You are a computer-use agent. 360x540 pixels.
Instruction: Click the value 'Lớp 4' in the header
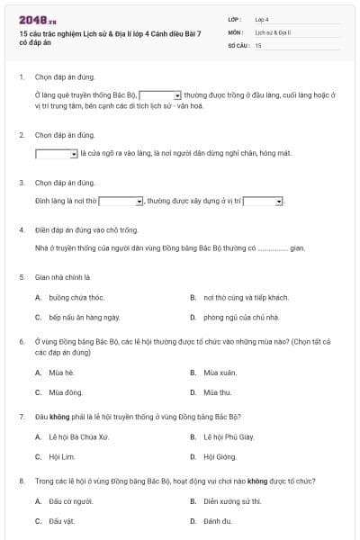pos(262,18)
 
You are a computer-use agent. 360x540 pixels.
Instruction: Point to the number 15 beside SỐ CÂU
pos(258,44)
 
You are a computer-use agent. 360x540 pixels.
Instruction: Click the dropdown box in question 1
pos(161,94)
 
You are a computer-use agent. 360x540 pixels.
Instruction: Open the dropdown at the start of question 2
pos(57,154)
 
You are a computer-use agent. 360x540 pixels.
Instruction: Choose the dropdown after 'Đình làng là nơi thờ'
pos(121,202)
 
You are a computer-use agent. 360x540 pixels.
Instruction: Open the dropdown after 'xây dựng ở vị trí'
pos(264,202)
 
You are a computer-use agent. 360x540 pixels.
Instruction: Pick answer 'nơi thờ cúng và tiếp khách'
pos(233,297)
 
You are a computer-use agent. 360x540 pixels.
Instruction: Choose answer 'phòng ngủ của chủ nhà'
pos(229,317)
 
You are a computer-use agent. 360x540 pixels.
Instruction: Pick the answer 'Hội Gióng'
pos(219,456)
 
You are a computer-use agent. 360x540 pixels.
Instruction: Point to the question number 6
pos(21,342)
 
